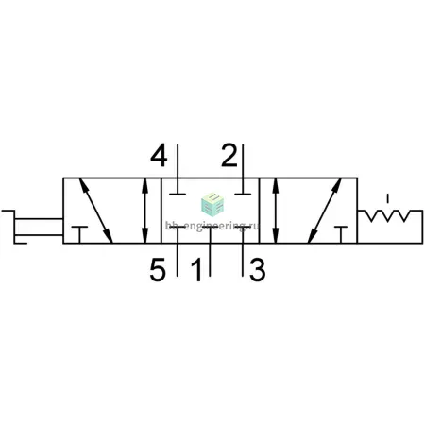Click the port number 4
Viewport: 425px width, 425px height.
[159, 155]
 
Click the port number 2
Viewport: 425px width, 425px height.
[229, 155]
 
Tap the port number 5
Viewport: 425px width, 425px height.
[158, 269]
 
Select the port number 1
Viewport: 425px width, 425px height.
[196, 269]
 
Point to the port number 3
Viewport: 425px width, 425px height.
[257, 269]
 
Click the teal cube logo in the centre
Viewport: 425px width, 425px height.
[212, 204]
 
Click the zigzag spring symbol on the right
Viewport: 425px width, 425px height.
[390, 216]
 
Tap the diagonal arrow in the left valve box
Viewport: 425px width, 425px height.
[95, 211]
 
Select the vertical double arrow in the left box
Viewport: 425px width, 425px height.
[144, 211]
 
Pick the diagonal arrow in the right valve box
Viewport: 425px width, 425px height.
[325, 211]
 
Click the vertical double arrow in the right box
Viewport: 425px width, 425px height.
[276, 211]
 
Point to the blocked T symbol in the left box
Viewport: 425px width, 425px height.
[79, 234]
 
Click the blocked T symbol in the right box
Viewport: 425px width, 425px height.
[341, 234]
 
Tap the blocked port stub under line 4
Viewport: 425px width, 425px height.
[178, 194]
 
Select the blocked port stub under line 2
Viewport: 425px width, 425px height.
[243, 194]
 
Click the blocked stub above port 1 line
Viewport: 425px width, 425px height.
[210, 227]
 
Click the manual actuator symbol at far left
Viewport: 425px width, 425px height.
[31, 227]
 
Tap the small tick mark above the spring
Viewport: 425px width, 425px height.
[388, 198]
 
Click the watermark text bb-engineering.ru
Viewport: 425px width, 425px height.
[212, 226]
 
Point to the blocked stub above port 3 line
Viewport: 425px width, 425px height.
[243, 227]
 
